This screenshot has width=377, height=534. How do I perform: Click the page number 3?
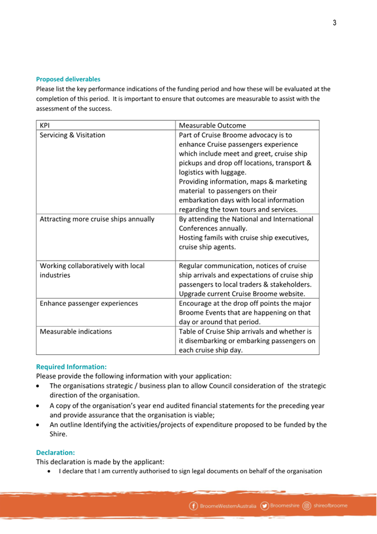[334, 23]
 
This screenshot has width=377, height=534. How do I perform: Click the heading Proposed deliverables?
[68, 79]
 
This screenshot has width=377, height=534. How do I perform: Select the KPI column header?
[44, 125]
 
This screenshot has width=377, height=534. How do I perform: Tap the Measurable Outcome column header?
[212, 125]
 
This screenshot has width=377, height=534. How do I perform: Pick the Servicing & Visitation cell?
[72, 135]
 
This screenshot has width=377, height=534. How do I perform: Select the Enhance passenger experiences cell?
[89, 303]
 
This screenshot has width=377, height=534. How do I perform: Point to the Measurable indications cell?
[76, 332]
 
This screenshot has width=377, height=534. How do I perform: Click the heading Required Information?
[71, 366]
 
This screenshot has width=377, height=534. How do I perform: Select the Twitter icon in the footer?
[264, 506]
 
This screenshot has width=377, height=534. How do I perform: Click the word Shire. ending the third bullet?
[58, 434]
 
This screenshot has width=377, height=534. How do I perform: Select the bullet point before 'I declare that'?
[50, 471]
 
